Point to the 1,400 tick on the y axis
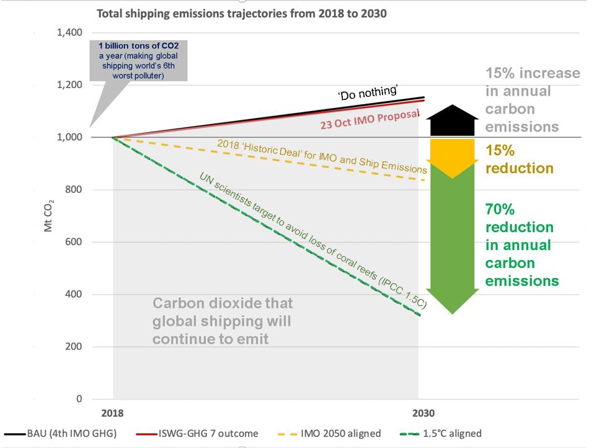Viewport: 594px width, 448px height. pos(70,32)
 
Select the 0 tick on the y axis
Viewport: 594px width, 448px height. pos(79,399)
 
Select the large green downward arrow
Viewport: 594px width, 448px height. pos(452,239)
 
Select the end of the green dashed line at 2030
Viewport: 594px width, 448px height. pos(420,315)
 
